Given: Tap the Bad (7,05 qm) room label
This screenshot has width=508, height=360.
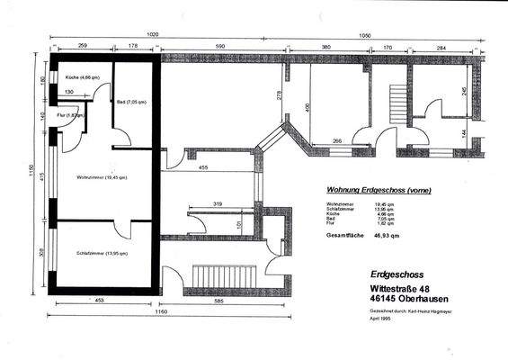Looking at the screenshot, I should coord(131,102).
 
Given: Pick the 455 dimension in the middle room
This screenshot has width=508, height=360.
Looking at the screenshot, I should coord(204,167).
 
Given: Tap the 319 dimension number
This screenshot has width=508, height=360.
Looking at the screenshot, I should coord(218,205).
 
